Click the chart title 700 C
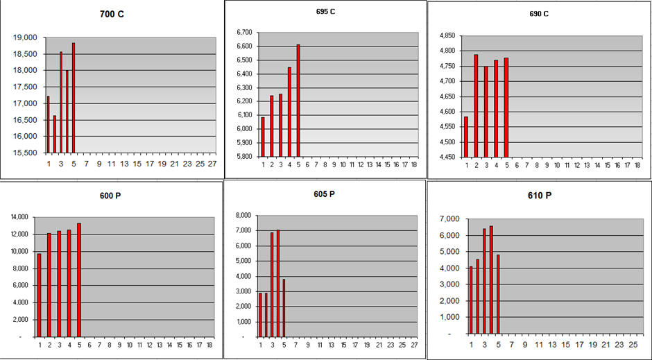click(113, 14)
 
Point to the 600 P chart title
click(112, 196)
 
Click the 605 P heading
click(324, 194)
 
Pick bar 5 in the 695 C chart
click(298, 101)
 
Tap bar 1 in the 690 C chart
click(466, 137)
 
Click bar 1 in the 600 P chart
click(39, 295)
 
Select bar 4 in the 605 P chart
click(278, 283)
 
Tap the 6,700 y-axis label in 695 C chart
click(246, 33)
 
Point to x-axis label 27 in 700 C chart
click(212, 164)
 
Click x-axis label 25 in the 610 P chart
click(632, 344)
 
